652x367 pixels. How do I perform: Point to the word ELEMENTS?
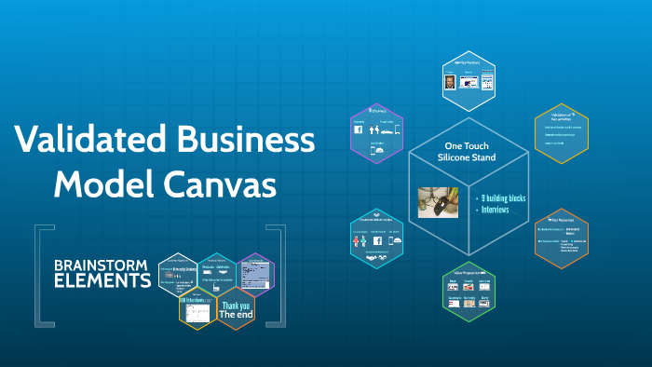click(x=102, y=279)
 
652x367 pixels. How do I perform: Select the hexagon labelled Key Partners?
click(x=467, y=78)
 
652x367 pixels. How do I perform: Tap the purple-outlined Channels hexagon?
click(x=375, y=134)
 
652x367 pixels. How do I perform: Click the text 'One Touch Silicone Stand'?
click(x=468, y=152)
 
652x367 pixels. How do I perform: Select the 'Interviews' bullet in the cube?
click(x=496, y=211)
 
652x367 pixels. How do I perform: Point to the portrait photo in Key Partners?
click(x=451, y=82)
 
